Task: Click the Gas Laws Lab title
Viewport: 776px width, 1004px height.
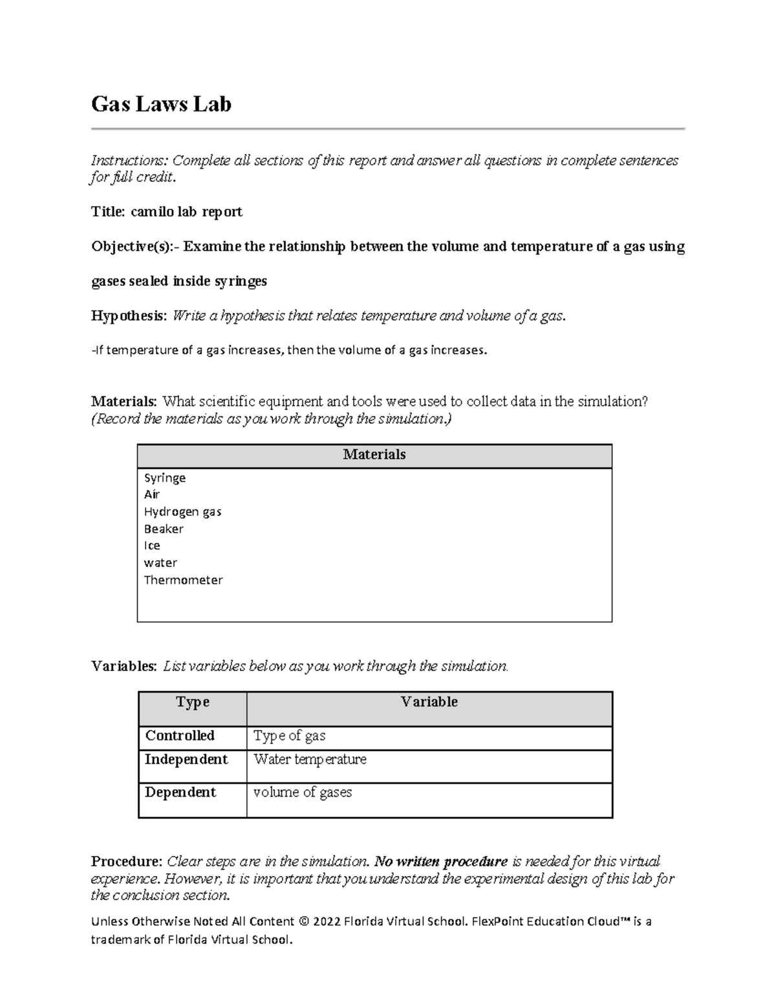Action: pyautogui.click(x=161, y=104)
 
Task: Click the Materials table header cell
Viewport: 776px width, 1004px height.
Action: pyautogui.click(x=374, y=455)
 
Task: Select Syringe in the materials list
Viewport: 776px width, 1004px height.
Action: pyautogui.click(x=164, y=478)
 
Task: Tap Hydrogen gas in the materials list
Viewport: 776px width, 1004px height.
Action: pyautogui.click(x=182, y=512)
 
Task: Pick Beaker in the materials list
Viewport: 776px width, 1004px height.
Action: pyautogui.click(x=164, y=529)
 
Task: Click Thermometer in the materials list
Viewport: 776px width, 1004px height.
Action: pyautogui.click(x=183, y=580)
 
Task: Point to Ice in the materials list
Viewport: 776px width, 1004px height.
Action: pyautogui.click(x=152, y=546)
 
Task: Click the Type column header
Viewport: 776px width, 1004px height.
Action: pyautogui.click(x=193, y=703)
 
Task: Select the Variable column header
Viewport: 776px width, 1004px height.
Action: pyautogui.click(x=429, y=702)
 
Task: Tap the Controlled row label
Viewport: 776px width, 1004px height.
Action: pyautogui.click(x=180, y=736)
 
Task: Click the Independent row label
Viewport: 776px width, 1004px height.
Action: pyautogui.click(x=186, y=760)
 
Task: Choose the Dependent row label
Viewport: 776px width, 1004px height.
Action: pyautogui.click(x=180, y=793)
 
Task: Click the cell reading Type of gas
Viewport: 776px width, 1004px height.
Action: pyautogui.click(x=289, y=736)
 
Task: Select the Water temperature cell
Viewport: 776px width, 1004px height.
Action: pyautogui.click(x=310, y=760)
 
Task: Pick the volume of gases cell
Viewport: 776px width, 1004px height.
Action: pyautogui.click(x=302, y=793)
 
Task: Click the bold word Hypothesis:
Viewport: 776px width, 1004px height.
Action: pyautogui.click(x=129, y=316)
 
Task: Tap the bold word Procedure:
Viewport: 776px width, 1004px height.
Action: pyautogui.click(x=127, y=862)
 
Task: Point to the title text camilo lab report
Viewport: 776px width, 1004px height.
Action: pyautogui.click(x=186, y=212)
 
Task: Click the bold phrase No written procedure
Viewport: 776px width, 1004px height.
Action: pyautogui.click(x=441, y=862)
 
